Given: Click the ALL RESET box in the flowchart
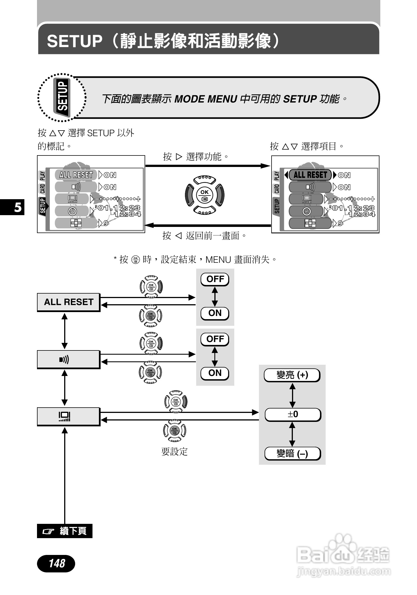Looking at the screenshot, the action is [69, 302].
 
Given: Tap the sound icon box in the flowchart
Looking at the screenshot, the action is [69, 359].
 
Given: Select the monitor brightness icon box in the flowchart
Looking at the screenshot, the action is [69, 417].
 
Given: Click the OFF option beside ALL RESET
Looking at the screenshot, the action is [215, 279].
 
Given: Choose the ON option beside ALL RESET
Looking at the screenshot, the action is [215, 313].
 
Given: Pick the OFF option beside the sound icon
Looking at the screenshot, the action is [215, 339].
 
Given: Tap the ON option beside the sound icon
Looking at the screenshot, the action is [215, 373].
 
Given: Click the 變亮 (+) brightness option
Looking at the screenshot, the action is [292, 375].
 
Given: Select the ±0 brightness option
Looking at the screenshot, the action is [293, 414].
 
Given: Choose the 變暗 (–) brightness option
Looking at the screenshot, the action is [293, 453].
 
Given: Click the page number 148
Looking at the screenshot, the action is [56, 563].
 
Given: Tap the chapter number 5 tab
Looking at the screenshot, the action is [17, 207].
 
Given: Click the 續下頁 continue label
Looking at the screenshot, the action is [65, 531].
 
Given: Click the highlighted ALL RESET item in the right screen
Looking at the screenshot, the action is [310, 175].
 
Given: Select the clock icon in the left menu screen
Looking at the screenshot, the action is [73, 211].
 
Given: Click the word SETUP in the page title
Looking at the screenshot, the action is [75, 41].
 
